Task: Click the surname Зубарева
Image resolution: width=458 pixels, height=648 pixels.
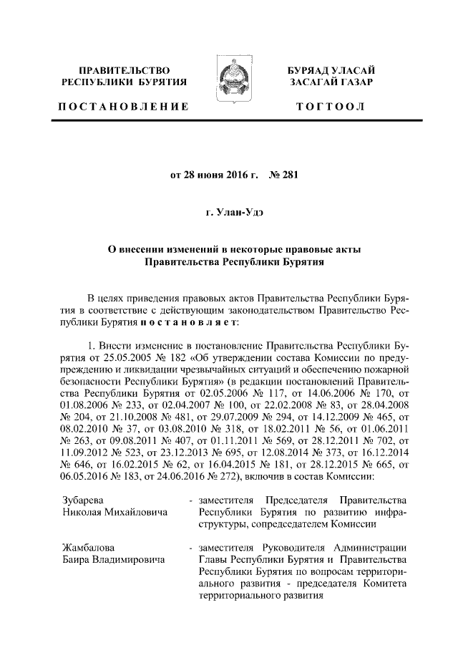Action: click(x=80, y=499)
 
